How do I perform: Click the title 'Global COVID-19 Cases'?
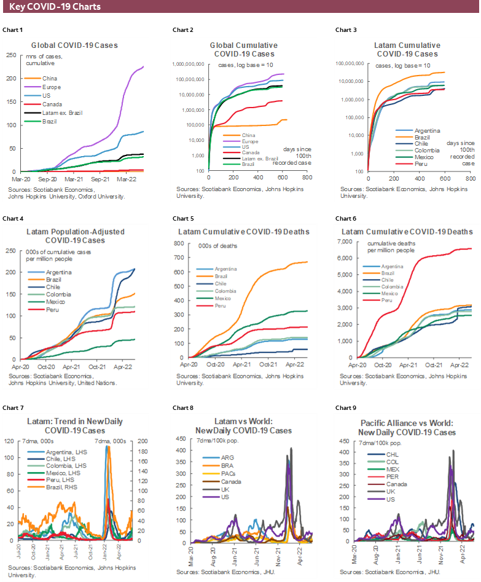[74, 45]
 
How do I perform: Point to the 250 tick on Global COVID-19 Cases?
[12, 55]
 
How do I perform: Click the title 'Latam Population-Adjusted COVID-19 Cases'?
[75, 236]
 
